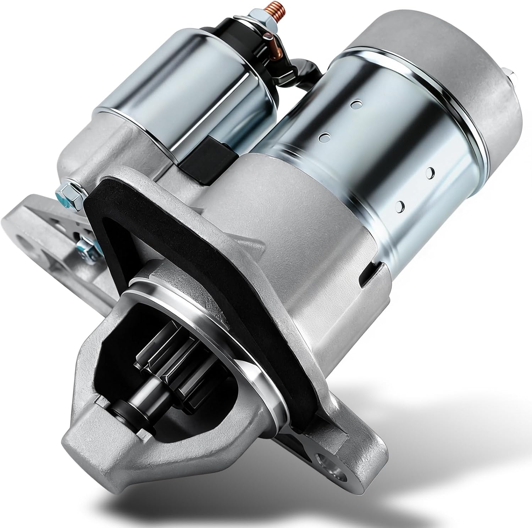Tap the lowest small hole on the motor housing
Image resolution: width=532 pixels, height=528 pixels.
point(401,205)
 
